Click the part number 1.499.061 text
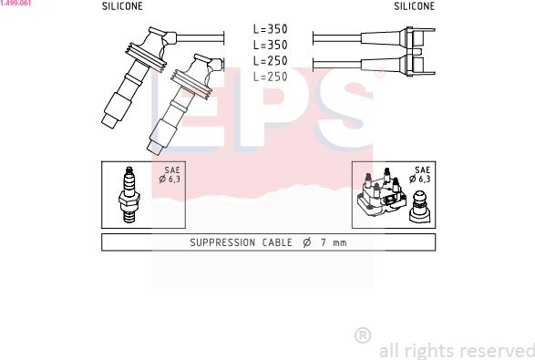[15, 3]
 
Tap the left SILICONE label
[122, 6]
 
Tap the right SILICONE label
[414, 6]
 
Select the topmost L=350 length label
[270, 29]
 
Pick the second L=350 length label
[270, 45]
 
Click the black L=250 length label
[270, 61]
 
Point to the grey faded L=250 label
[270, 77]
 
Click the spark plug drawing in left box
[129, 194]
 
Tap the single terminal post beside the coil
[419, 207]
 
